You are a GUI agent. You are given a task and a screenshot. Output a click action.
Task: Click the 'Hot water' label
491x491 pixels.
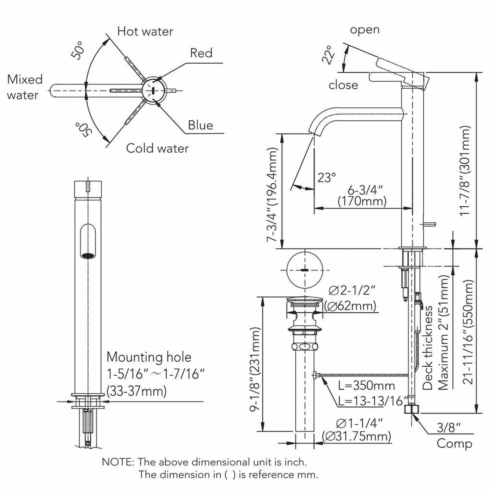145,32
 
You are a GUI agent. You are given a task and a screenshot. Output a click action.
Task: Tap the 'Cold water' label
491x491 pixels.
157,148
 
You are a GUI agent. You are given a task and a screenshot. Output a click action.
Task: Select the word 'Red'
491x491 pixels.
201,53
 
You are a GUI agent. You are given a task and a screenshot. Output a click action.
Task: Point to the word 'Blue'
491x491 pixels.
200,125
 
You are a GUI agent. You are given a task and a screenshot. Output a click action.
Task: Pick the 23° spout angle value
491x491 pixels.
326,178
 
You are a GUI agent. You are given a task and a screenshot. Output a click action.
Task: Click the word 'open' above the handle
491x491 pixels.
365,30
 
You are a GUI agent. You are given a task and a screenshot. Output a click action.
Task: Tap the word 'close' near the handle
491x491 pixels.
343,85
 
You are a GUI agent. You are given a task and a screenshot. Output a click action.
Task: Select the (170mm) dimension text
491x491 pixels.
362,201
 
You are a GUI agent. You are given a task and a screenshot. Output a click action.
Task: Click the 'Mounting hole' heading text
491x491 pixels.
149,357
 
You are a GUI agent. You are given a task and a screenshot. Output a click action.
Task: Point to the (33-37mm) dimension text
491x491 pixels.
137,391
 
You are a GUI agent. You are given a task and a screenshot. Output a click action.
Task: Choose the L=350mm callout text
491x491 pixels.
366,386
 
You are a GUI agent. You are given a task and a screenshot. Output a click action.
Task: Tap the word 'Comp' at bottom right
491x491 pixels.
454,444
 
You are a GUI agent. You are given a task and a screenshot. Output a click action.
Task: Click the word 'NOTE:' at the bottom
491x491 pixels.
118,462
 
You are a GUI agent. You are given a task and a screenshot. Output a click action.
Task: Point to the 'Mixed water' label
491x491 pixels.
24,87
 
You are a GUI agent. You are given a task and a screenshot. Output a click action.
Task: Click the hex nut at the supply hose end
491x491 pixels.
412,409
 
